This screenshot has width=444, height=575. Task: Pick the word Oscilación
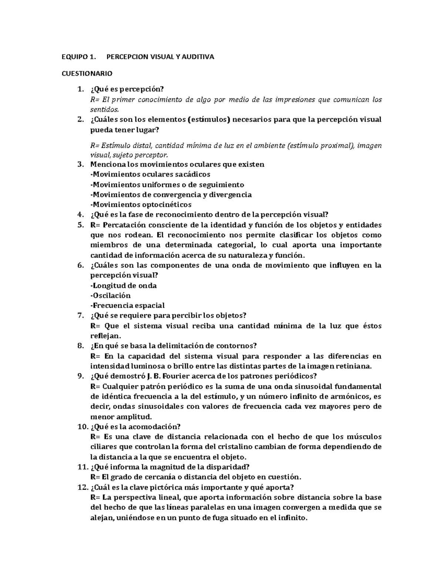111,295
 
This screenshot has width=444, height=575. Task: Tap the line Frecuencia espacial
128,305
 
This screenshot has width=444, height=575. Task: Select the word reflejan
105,336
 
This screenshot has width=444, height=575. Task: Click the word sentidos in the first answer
105,110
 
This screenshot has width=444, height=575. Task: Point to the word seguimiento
222,184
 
